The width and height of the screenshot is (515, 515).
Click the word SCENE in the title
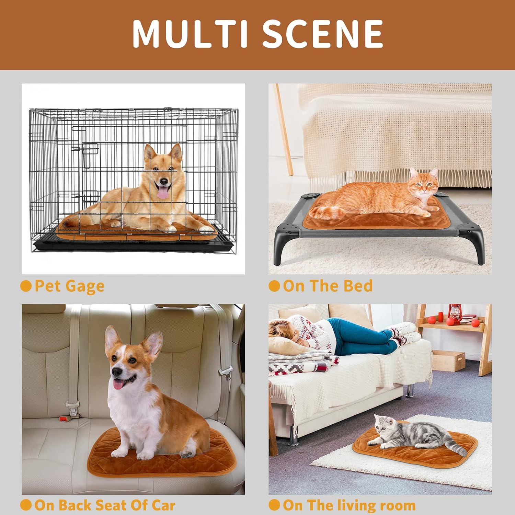point(323,33)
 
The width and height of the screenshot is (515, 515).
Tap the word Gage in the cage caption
point(85,286)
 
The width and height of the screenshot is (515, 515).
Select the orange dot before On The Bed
point(274,286)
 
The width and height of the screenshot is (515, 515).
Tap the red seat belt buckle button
point(63,419)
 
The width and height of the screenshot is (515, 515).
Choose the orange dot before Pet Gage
point(26,286)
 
